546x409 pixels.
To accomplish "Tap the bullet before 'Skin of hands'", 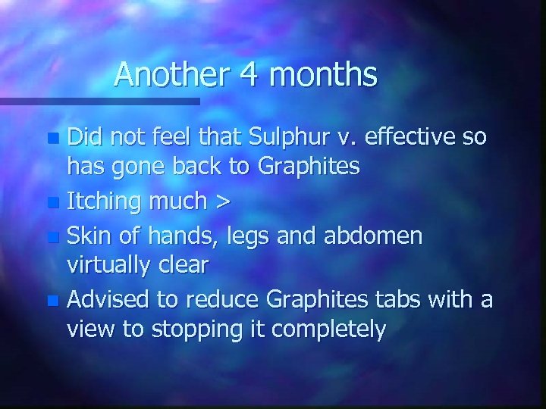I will pyautogui.click(x=52, y=236).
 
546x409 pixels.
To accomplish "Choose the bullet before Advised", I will pyautogui.click(x=52, y=299).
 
